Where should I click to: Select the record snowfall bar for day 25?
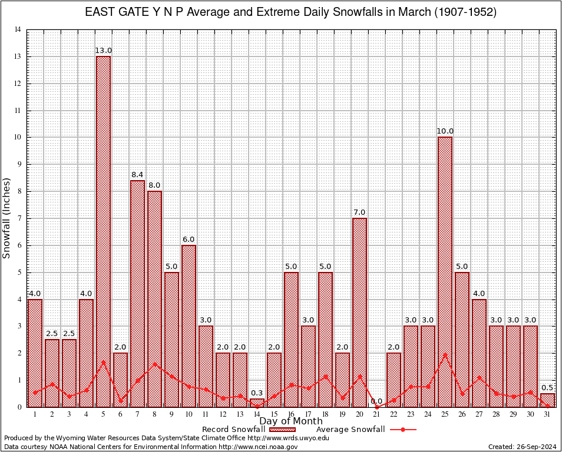[445, 271]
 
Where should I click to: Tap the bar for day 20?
[359, 312]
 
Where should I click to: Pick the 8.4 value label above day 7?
[137, 175]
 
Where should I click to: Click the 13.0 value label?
[103, 51]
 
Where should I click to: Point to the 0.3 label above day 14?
[257, 393]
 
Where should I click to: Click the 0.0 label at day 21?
[376, 401]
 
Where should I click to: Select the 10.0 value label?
[445, 131]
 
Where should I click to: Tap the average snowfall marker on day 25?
[445, 355]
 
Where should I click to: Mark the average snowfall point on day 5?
[103, 362]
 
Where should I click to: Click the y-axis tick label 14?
[18, 29]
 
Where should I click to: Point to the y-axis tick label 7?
[19, 218]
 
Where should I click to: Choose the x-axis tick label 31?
[547, 414]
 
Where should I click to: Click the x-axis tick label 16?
[291, 414]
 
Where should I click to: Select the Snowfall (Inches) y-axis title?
[7, 218]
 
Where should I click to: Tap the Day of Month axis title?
[291, 421]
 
